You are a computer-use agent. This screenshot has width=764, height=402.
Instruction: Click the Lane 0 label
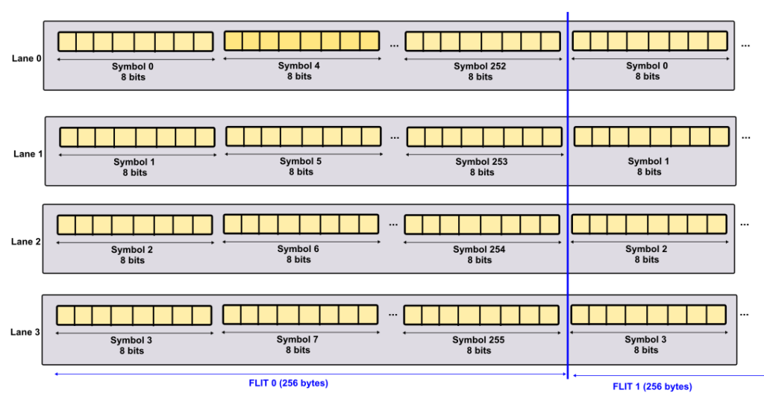coord(26,58)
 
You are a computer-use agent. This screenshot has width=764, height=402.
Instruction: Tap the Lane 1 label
coord(28,154)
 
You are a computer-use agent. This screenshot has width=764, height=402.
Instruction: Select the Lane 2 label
coord(26,242)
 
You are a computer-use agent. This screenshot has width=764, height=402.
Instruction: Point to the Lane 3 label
coord(25,333)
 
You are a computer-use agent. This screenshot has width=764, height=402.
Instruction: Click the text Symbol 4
coord(298,66)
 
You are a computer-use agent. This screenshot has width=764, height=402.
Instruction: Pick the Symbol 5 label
coord(301,161)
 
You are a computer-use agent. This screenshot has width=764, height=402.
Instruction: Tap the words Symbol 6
coord(298,249)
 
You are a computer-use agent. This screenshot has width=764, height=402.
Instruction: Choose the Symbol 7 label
coord(297,339)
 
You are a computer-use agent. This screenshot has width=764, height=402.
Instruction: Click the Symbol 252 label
coord(480,66)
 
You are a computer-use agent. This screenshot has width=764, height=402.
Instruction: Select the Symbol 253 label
coord(481,162)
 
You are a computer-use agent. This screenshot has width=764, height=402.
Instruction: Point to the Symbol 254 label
coord(479,250)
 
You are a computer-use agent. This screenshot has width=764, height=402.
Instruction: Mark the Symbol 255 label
coord(478,340)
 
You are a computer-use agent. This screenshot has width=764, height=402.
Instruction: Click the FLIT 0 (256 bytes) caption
coord(289,383)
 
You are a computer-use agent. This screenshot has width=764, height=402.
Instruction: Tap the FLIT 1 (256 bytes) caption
coord(652,386)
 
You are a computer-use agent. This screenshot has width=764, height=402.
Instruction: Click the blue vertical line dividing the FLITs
coord(568,195)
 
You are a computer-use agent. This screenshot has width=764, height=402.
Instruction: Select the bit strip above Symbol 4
coord(301,41)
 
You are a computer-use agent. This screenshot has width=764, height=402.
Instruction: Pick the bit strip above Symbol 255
coord(481,315)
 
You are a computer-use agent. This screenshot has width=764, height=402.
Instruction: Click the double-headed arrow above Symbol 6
coord(301,242)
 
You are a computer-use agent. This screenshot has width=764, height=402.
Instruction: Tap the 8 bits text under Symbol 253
coord(482,172)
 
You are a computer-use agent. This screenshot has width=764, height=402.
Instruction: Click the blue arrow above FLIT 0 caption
coord(310,374)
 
